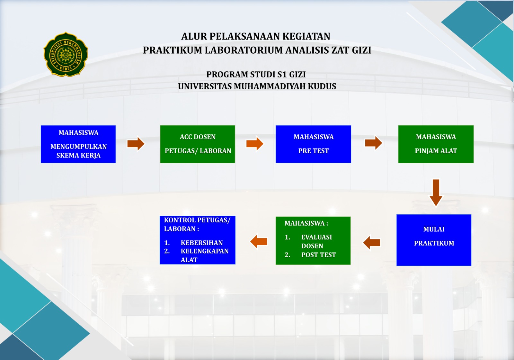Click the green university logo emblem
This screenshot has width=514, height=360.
(x=66, y=54)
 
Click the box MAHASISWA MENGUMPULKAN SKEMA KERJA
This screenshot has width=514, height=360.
(x=78, y=144)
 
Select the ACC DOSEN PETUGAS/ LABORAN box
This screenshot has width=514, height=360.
(x=198, y=144)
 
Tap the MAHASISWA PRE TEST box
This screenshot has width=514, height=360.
(x=313, y=144)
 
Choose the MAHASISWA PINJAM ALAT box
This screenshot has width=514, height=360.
(x=436, y=144)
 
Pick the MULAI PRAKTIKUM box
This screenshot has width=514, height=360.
(x=434, y=240)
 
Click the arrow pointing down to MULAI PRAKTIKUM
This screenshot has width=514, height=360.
(x=436, y=193)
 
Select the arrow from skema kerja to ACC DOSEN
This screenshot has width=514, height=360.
(x=136, y=143)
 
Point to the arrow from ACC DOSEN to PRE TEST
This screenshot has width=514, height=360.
(x=255, y=143)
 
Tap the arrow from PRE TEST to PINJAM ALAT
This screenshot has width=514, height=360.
(x=373, y=143)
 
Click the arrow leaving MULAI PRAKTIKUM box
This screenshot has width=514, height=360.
(x=372, y=243)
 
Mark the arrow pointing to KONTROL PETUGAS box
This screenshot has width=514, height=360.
(x=259, y=241)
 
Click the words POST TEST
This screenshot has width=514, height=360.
(x=318, y=255)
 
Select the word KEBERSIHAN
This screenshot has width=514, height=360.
(x=201, y=243)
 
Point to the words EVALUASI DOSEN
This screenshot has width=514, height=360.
(x=316, y=241)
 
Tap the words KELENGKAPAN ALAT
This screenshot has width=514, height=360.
(x=204, y=255)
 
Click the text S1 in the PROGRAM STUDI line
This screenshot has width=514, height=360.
(x=282, y=75)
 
